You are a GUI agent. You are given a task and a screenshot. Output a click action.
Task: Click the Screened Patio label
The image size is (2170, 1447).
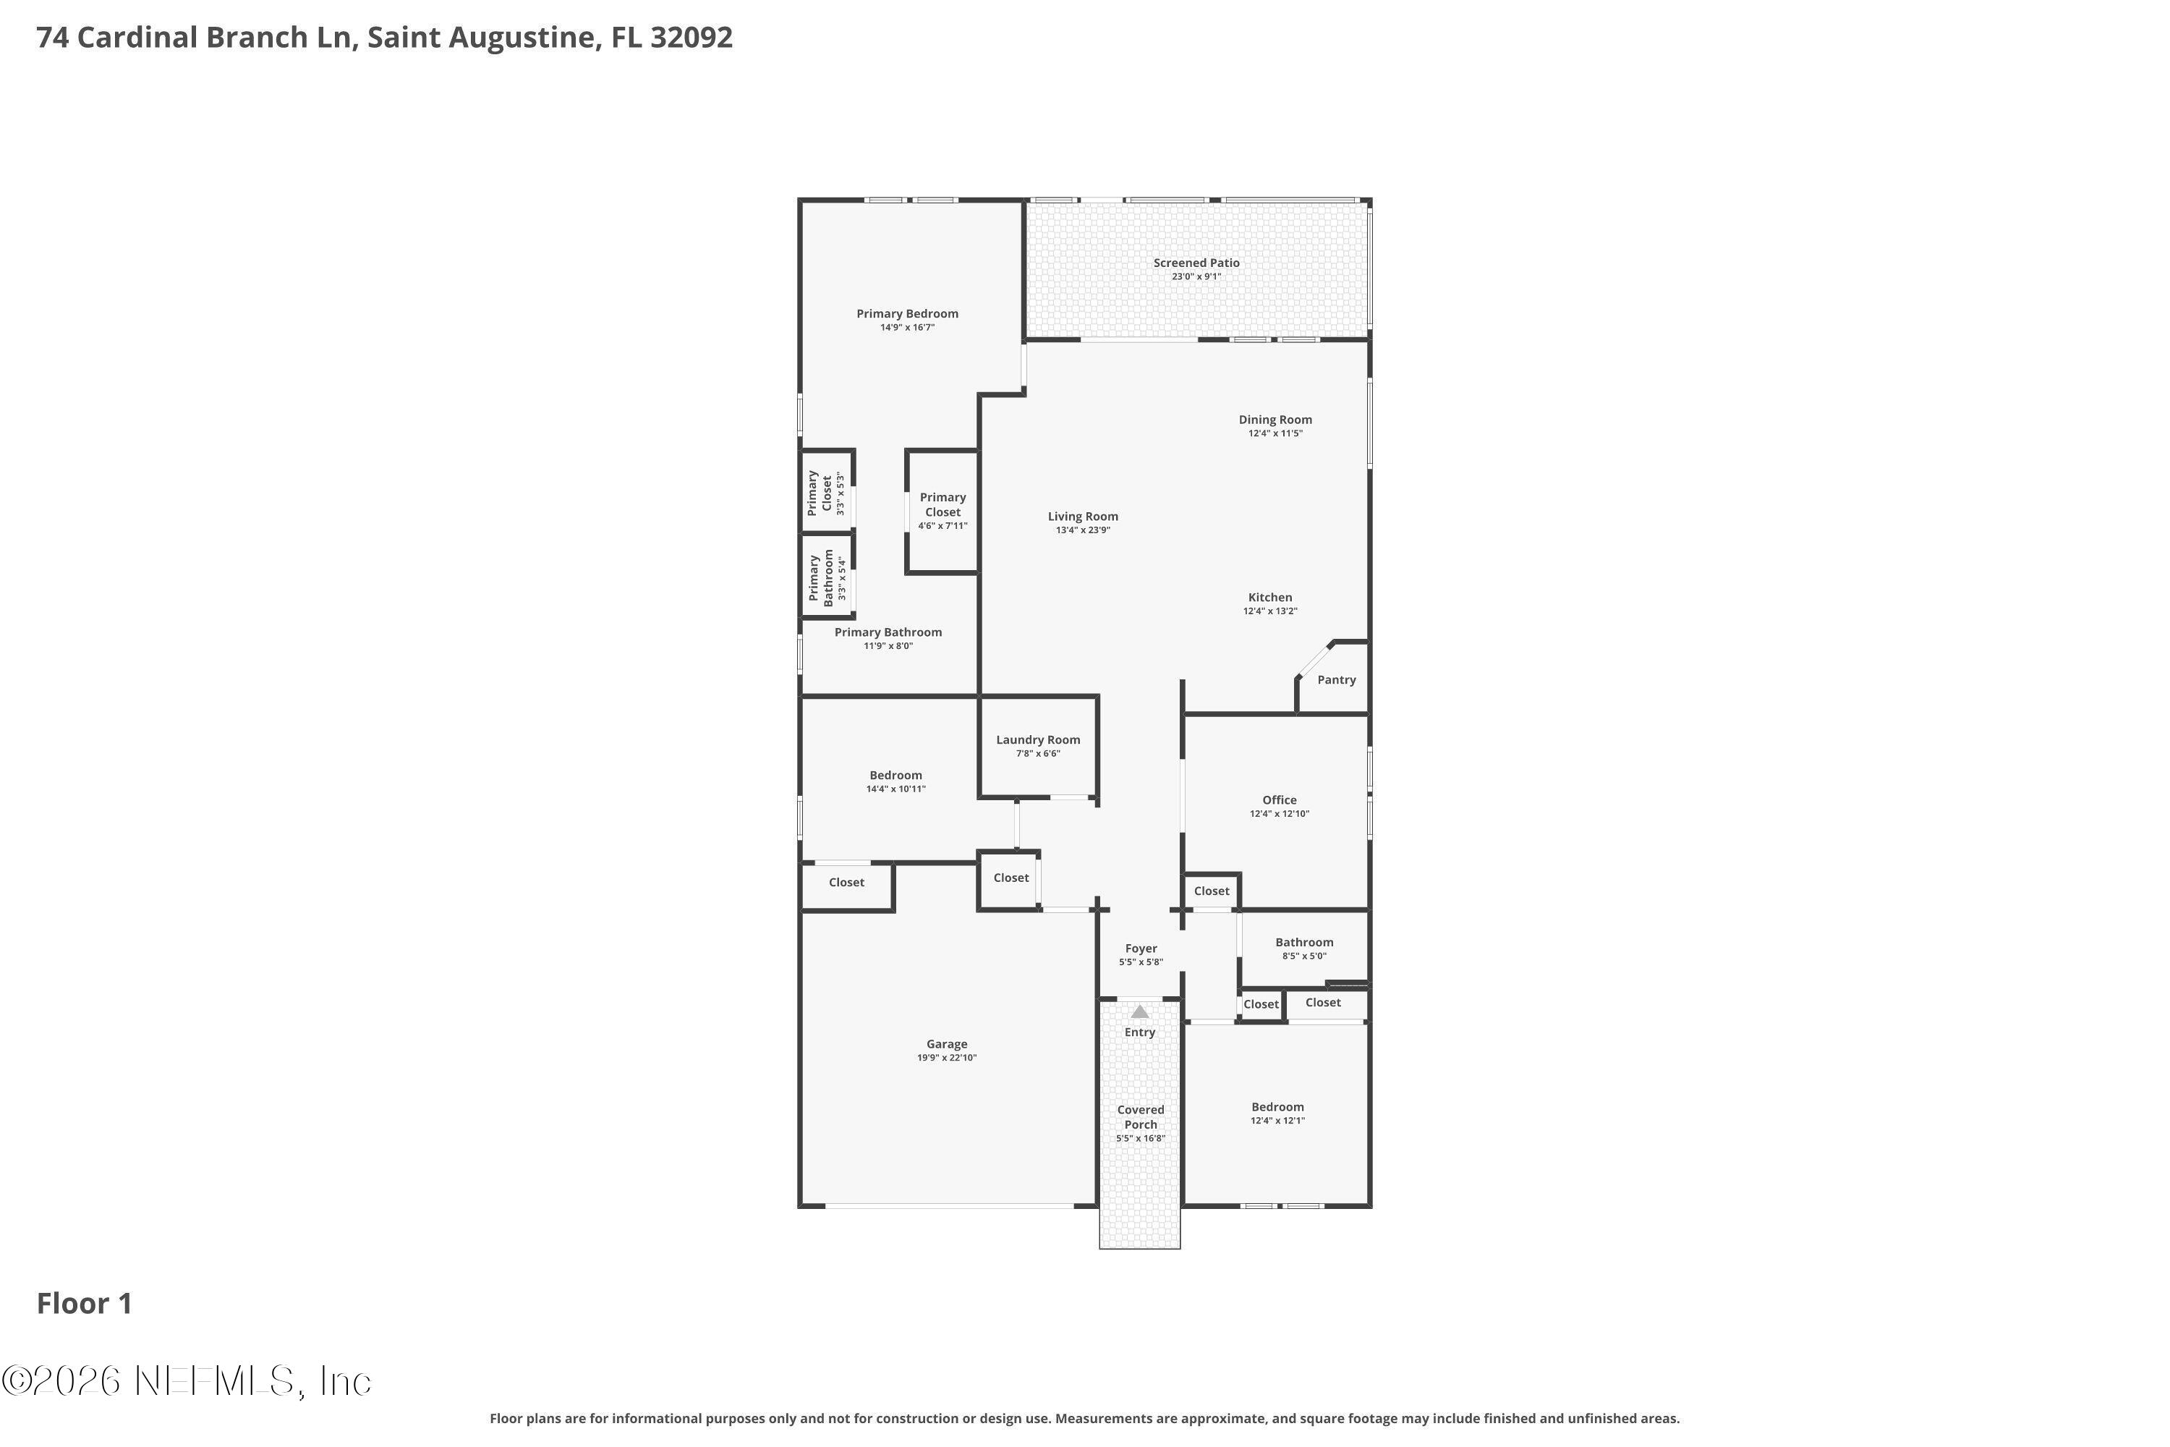tap(1196, 263)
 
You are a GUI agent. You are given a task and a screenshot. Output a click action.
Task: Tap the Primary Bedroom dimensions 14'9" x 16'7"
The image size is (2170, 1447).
tap(907, 328)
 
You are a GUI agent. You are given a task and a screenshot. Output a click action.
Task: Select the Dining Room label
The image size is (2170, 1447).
tap(1275, 420)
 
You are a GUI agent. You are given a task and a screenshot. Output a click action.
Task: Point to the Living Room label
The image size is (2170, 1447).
tap(1082, 517)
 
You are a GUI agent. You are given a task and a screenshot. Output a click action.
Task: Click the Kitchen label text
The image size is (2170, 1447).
tap(1269, 597)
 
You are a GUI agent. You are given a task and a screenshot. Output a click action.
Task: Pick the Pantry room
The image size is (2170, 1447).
tap(1336, 680)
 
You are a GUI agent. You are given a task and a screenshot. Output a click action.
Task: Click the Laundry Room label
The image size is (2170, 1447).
tap(1037, 740)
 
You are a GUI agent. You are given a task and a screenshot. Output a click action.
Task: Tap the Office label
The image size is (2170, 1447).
tap(1279, 800)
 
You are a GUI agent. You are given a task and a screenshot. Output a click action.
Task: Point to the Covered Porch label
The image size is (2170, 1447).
tap(1141, 1116)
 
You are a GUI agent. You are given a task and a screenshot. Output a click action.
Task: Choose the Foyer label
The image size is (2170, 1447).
tap(1141, 949)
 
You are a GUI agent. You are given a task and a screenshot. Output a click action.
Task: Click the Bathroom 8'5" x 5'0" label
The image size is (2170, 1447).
tap(1303, 942)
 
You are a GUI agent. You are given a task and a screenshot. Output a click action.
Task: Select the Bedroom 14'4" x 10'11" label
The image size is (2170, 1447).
tap(895, 775)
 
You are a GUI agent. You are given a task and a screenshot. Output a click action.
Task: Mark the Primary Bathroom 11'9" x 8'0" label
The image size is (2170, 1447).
tap(888, 632)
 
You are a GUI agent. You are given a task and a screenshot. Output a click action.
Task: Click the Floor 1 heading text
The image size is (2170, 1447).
tap(84, 1303)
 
